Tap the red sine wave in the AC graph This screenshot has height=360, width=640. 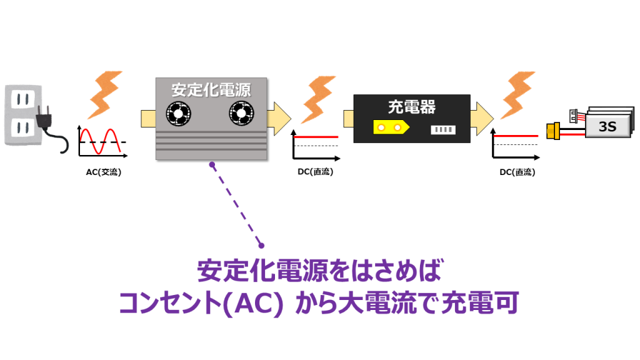101,141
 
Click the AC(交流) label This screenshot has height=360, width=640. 104,172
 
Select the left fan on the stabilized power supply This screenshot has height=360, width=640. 178,114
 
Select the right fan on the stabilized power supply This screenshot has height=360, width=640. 241,113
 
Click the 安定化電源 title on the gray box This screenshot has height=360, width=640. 211,90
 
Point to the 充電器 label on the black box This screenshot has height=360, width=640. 412,106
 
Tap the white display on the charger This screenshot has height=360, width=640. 443,130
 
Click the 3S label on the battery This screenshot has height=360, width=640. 607,126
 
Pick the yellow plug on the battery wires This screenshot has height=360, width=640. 554,131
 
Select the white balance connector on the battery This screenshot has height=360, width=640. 574,116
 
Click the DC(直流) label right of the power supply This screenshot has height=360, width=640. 316,172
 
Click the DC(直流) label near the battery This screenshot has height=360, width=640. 517,172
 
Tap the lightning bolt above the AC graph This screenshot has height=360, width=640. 105,95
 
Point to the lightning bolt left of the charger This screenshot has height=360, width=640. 318,99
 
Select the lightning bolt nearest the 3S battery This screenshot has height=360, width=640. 518,95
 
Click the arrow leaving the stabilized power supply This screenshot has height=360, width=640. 279,119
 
